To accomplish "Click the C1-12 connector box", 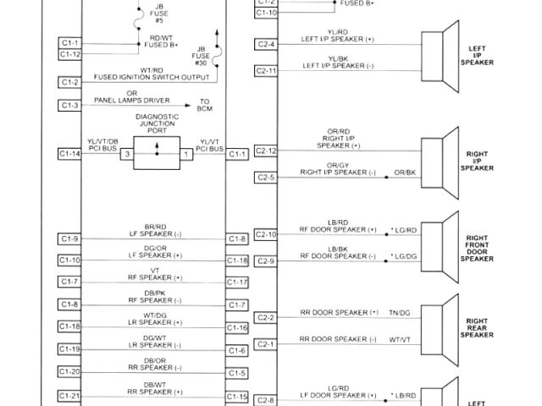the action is coord(70,54).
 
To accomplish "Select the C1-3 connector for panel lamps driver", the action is coord(70,105).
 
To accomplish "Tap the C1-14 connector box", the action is coord(70,153).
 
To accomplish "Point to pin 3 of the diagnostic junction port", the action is coord(127,154).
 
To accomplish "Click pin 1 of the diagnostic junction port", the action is coord(186,154).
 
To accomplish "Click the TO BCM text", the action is coord(204,106).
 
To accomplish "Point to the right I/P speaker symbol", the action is coord(439,162).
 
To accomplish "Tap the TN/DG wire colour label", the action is coord(399,313).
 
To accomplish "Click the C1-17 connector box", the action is coord(237,282).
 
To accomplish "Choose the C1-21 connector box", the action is coord(70,396).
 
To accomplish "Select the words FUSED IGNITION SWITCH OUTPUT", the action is coord(141,76).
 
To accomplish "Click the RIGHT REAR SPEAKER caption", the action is coord(476,327).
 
